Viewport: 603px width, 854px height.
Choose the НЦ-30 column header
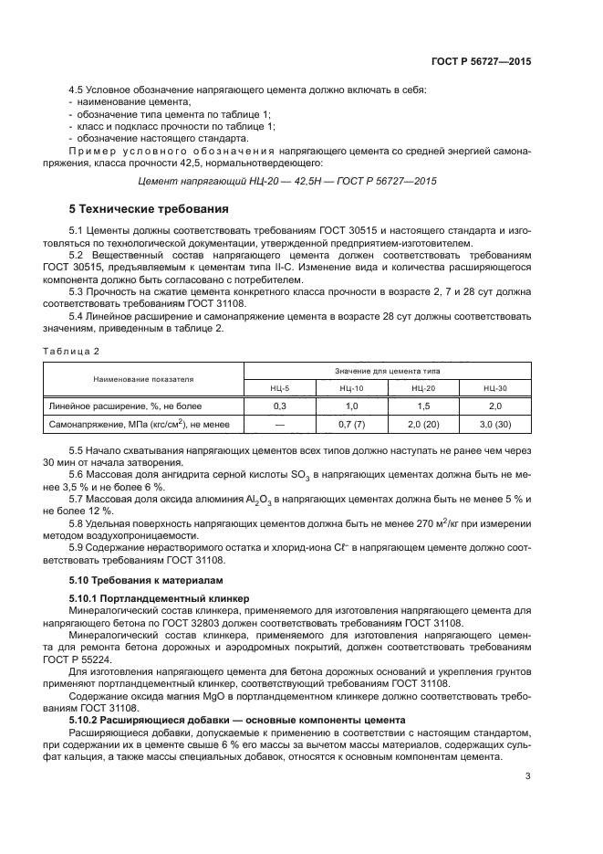coord(495,388)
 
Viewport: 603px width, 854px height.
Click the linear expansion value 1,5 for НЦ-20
coord(423,406)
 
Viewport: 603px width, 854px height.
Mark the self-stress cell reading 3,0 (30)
coord(495,424)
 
